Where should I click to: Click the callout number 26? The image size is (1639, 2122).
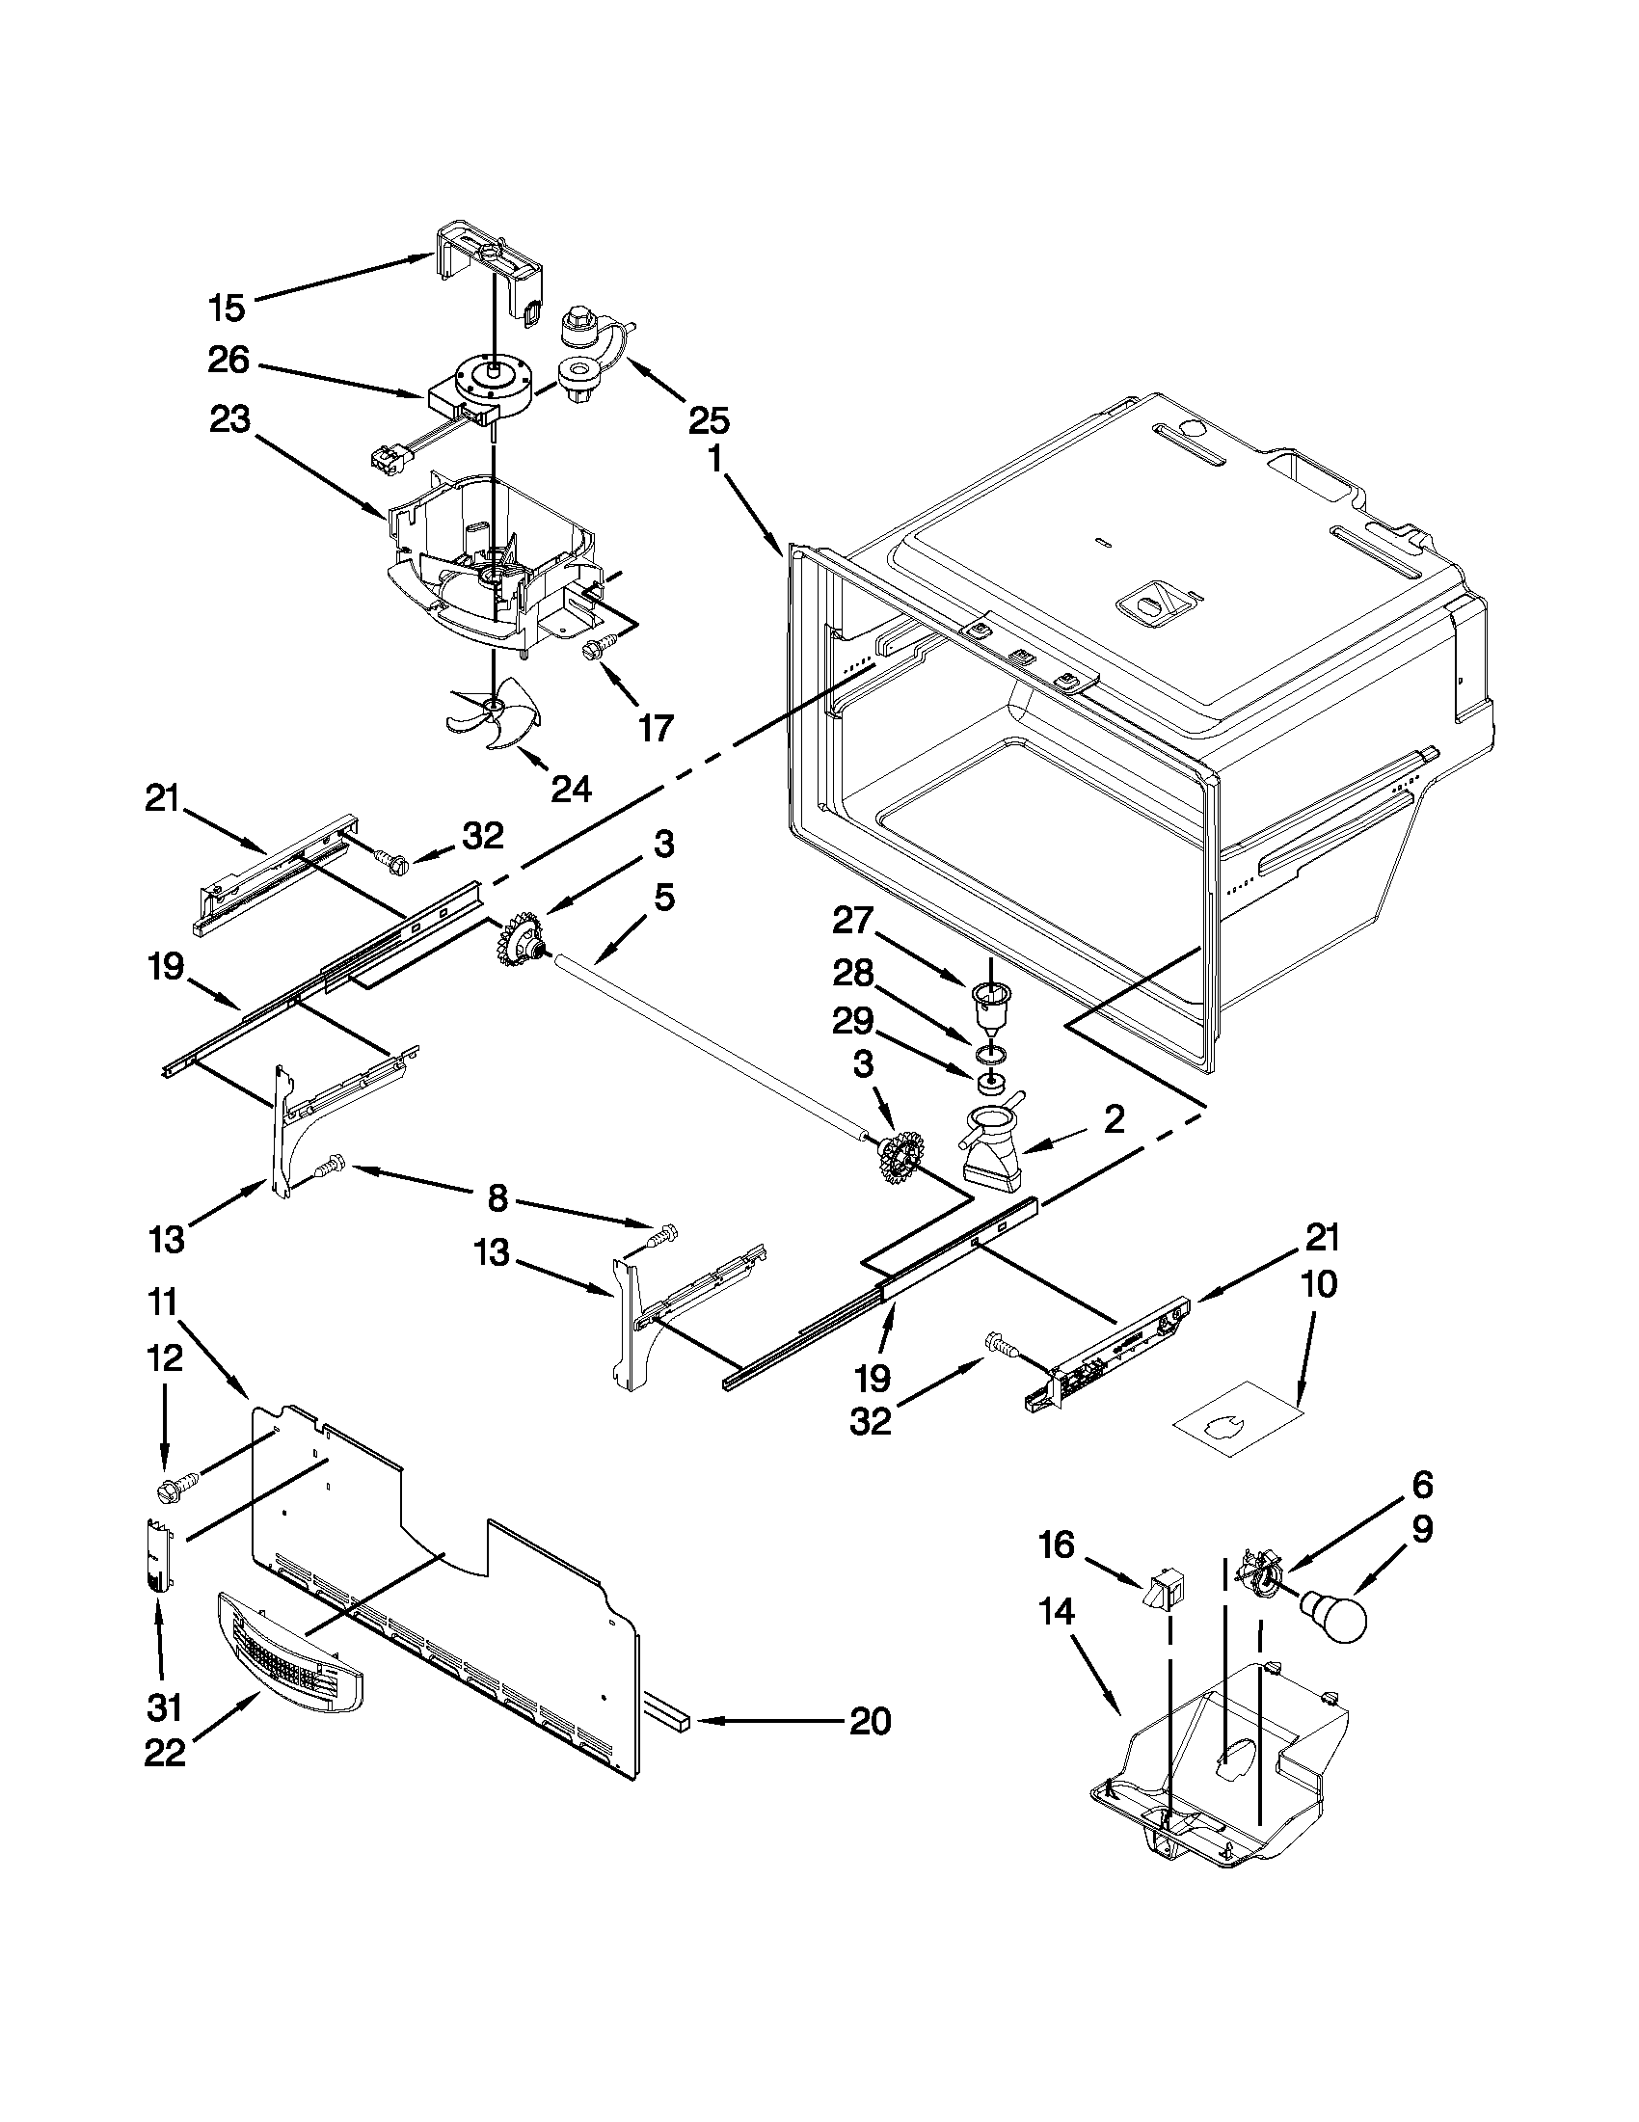228,362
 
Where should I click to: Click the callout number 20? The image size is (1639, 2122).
870,1722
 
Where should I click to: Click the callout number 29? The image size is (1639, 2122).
853,1020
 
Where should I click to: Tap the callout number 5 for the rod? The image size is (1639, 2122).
662,899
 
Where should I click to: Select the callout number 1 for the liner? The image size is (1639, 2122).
714,459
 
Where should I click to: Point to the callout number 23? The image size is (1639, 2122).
228,420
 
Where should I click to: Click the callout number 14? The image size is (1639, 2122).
1057,1614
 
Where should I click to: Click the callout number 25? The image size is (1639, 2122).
710,420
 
